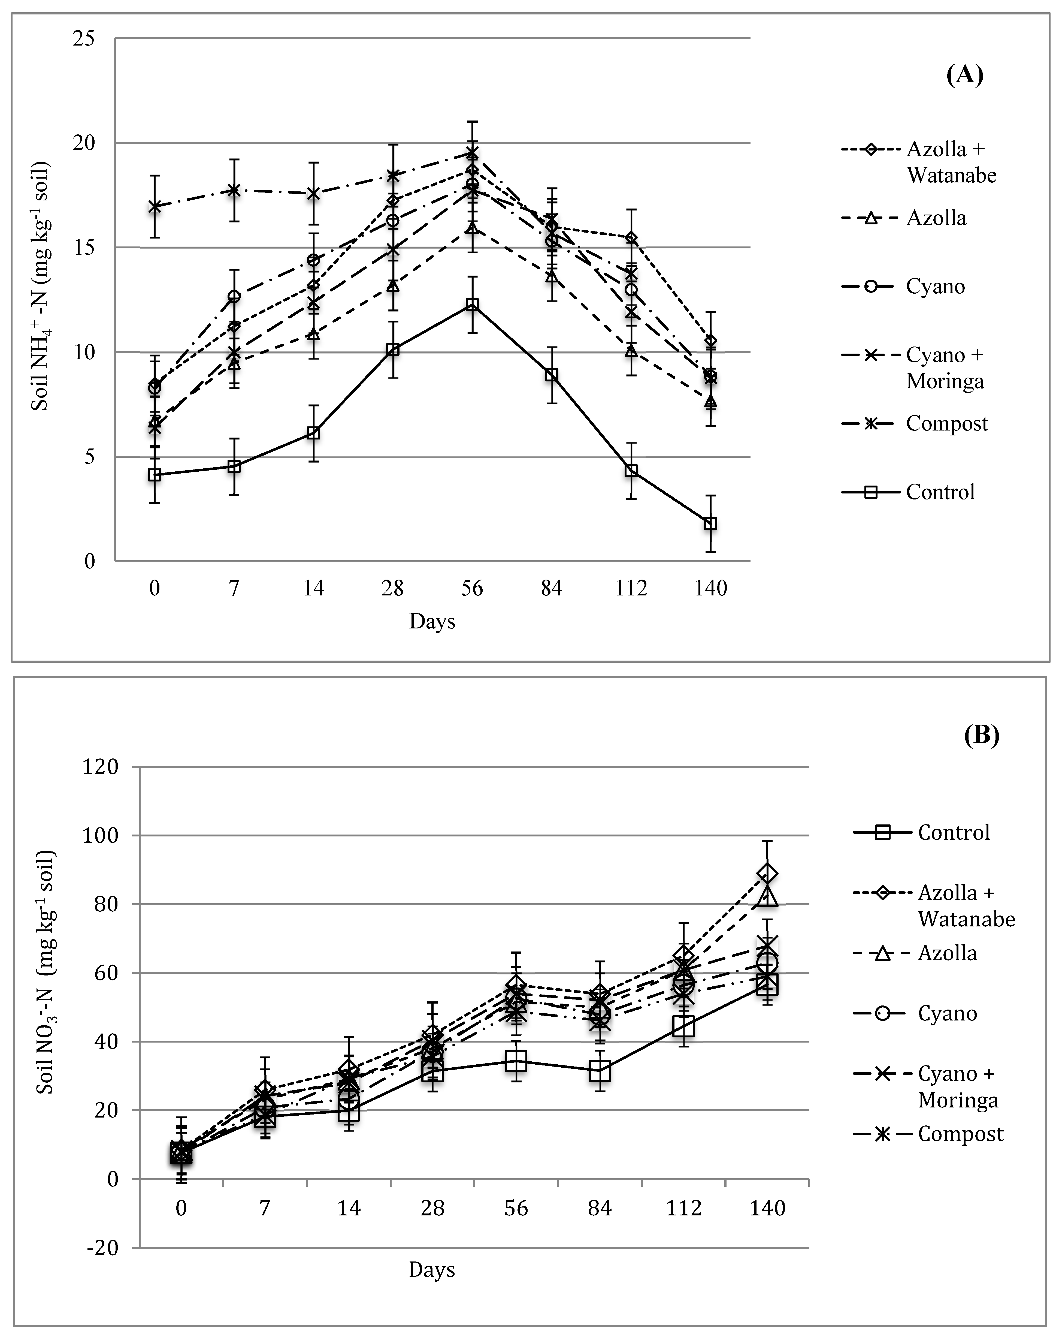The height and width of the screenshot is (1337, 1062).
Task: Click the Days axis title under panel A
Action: (x=432, y=621)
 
